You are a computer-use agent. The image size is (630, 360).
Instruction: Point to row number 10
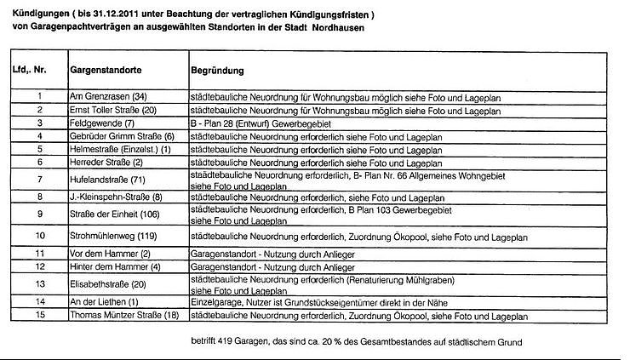(39, 236)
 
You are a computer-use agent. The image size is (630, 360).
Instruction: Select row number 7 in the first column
(39, 180)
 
